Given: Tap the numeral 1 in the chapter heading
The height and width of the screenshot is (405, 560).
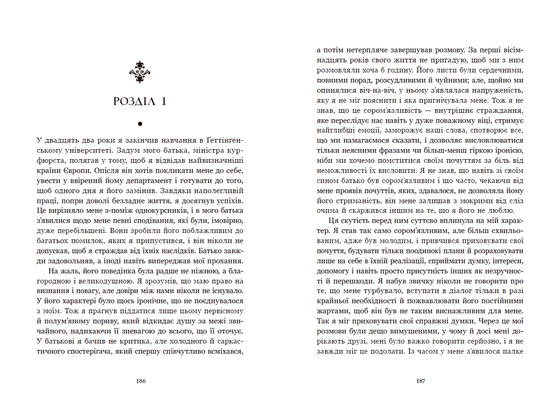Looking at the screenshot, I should click(164, 101).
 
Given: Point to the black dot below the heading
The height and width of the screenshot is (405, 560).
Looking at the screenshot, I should click(140, 123).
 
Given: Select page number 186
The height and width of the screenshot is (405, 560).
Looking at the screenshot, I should click(141, 381).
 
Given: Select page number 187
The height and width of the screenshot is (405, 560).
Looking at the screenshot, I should click(420, 381).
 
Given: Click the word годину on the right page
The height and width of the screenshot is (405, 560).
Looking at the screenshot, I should click(402, 71).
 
